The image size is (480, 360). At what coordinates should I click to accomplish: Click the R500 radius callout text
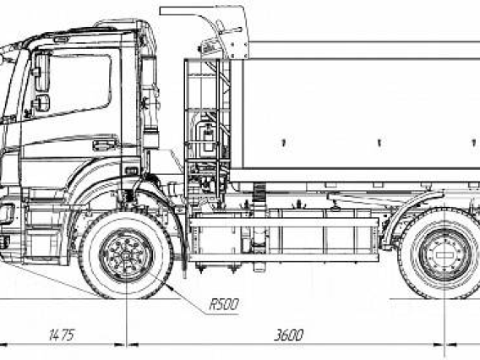click(224, 304)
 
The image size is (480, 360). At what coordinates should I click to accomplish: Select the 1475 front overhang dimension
click(62, 335)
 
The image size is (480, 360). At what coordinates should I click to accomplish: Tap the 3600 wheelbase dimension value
click(288, 335)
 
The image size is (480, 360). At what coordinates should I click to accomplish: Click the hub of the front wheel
click(126, 256)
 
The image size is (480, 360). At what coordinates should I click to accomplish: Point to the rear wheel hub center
click(444, 255)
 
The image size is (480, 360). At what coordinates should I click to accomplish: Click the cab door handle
click(105, 145)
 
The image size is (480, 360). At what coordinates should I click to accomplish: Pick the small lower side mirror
click(42, 103)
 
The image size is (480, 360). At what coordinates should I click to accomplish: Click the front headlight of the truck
click(8, 214)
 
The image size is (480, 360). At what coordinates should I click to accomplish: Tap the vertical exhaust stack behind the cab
click(150, 101)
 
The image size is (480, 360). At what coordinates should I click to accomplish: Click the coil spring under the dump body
click(260, 191)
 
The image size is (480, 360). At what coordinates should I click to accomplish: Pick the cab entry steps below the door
click(46, 232)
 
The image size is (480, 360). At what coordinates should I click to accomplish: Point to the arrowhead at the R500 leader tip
click(170, 287)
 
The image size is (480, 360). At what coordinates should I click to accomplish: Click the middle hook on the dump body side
click(379, 143)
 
